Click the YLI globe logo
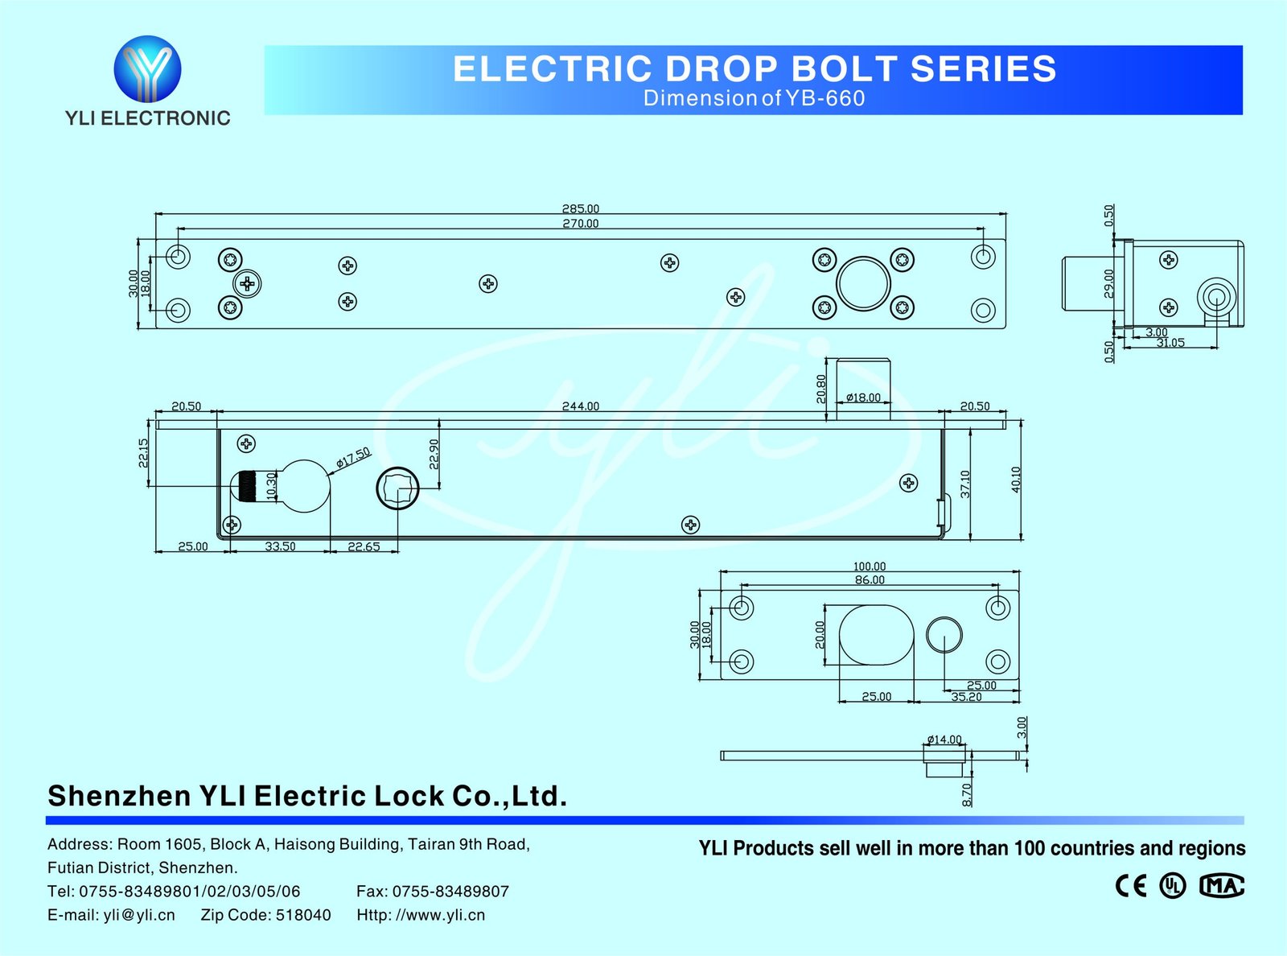(147, 68)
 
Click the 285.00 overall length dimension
(580, 209)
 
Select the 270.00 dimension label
(580, 224)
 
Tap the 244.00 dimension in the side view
(580, 406)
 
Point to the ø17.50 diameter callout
(353, 457)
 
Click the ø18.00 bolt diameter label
(863, 398)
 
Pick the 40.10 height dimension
(1016, 480)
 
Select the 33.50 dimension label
(280, 546)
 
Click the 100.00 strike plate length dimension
(869, 567)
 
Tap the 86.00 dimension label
(869, 580)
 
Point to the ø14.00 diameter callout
(944, 740)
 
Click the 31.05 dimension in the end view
(1170, 343)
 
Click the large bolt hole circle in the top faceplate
(863, 283)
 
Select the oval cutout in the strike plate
(876, 635)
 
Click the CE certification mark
(1131, 886)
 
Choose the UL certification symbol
(1172, 886)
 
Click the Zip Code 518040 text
(265, 915)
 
